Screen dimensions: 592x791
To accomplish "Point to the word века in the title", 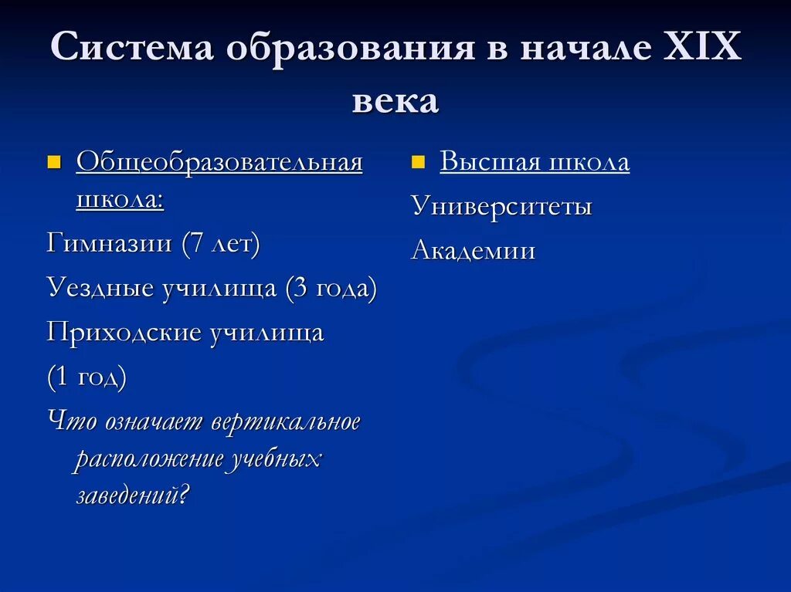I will [395, 100].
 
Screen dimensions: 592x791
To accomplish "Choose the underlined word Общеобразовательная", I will [219, 163].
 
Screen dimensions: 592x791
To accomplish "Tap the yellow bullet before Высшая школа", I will [418, 162].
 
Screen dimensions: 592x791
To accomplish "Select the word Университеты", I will [501, 207].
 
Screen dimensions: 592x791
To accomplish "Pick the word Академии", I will [473, 251].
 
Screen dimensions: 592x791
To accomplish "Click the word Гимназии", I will [109, 244].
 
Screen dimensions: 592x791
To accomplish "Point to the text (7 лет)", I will [221, 244].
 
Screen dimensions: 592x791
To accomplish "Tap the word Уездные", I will [100, 289].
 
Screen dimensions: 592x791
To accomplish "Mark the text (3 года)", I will [331, 289].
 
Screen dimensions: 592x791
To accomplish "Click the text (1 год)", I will [87, 378].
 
